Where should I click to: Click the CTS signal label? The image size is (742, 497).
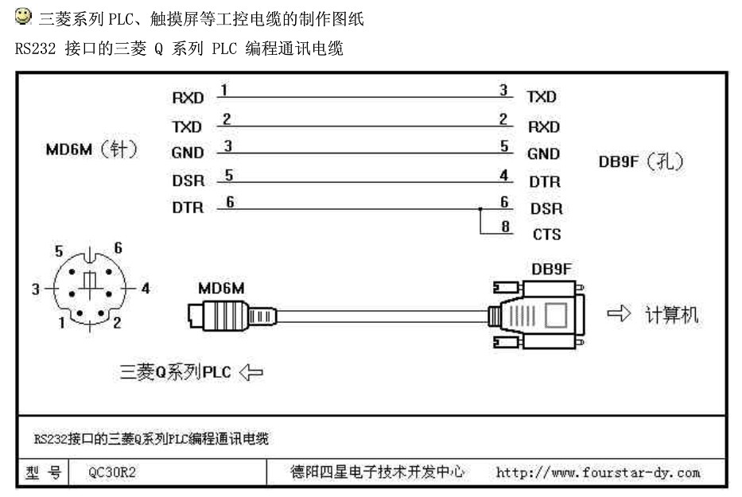point(546,235)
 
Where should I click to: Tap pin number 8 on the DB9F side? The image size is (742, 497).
point(505,227)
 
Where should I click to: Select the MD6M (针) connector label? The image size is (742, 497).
point(91,149)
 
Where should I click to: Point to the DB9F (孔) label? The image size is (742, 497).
point(641,161)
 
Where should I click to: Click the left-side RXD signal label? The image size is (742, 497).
point(188,99)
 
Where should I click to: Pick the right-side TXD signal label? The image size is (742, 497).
point(542,97)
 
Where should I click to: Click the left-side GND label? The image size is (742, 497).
point(188,153)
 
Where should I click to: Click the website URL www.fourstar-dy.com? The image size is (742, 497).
point(598,473)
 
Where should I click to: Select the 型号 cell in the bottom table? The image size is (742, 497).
point(43,473)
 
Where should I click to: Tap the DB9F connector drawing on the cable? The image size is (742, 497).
point(537,314)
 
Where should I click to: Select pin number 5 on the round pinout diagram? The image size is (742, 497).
point(59,251)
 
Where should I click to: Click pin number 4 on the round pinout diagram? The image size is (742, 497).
point(145,289)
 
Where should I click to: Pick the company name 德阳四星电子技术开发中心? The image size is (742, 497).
point(377,473)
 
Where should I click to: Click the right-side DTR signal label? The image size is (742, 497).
point(545,181)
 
